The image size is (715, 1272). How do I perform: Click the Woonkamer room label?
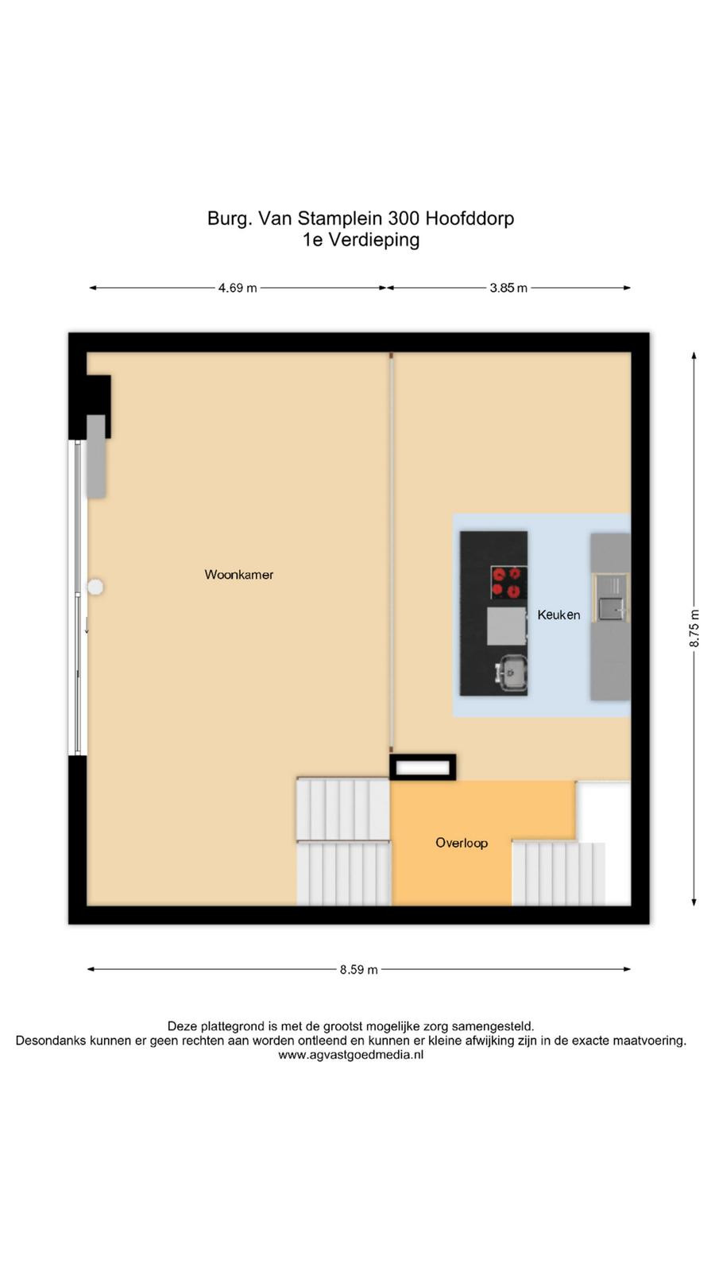[239, 574]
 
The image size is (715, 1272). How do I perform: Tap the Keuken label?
[559, 615]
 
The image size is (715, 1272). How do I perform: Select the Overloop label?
[462, 843]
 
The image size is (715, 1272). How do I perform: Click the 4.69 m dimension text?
[238, 288]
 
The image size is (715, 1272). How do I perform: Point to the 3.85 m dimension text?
[508, 288]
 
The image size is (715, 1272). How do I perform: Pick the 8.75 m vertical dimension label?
[694, 629]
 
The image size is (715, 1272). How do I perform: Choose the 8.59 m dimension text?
[358, 969]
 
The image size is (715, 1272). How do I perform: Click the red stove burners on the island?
[508, 582]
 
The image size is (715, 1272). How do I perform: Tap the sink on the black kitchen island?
[511, 673]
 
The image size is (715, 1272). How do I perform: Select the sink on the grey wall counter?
[612, 607]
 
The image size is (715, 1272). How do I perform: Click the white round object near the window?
[95, 587]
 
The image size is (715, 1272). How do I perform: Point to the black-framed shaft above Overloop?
[423, 767]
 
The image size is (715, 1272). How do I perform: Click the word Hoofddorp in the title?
[470, 219]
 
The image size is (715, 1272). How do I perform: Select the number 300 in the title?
[404, 218]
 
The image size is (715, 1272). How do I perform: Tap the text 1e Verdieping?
[361, 240]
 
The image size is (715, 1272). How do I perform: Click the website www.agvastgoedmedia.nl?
[350, 1054]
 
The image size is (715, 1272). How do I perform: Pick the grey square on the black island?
[506, 626]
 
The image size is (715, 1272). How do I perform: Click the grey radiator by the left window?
[96, 456]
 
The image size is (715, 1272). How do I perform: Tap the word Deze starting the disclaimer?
[181, 1026]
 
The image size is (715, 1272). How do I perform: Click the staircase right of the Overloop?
[559, 874]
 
